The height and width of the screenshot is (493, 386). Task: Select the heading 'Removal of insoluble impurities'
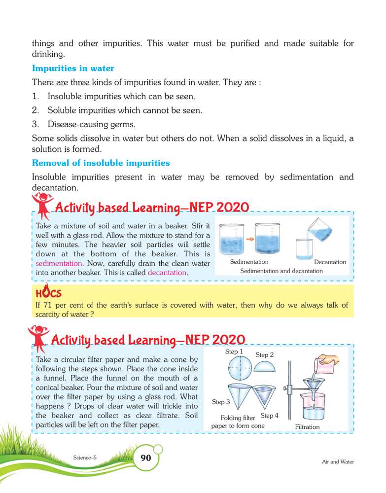101,162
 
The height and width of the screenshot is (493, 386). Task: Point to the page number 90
146,458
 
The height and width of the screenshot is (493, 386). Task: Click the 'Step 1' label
234,352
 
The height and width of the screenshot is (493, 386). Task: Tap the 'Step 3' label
221,402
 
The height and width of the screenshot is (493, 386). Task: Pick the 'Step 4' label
270,416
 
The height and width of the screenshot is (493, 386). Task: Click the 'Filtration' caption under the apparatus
307,427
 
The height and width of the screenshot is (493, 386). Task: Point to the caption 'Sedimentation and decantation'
281,271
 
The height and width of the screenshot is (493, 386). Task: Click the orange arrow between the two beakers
249,239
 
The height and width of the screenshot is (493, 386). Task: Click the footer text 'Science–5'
85,457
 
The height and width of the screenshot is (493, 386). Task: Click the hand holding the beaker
329,361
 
